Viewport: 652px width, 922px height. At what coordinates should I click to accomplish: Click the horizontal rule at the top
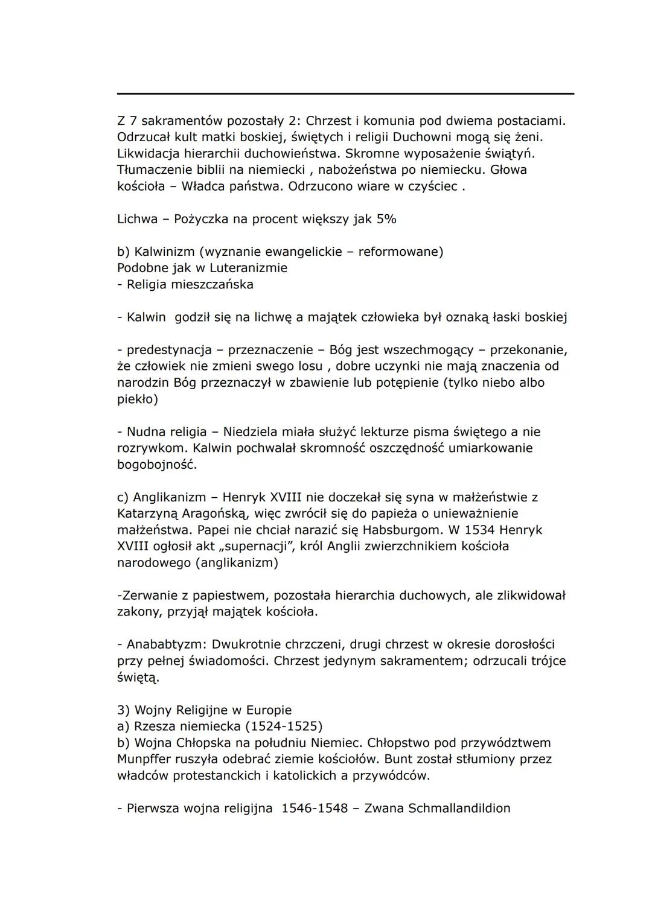click(345, 94)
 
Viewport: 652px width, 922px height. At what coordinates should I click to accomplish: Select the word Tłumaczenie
click(153, 170)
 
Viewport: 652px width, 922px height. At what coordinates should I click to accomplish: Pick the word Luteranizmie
click(249, 267)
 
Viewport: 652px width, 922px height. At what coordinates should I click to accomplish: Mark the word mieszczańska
click(212, 284)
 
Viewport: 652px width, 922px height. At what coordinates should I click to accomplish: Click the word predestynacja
click(169, 349)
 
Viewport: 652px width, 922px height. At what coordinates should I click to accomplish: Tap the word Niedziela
click(252, 431)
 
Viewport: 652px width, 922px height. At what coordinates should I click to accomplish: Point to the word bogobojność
click(157, 464)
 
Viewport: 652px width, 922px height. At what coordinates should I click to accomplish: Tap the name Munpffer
click(143, 758)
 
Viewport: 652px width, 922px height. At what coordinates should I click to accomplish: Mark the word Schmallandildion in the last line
click(459, 807)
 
